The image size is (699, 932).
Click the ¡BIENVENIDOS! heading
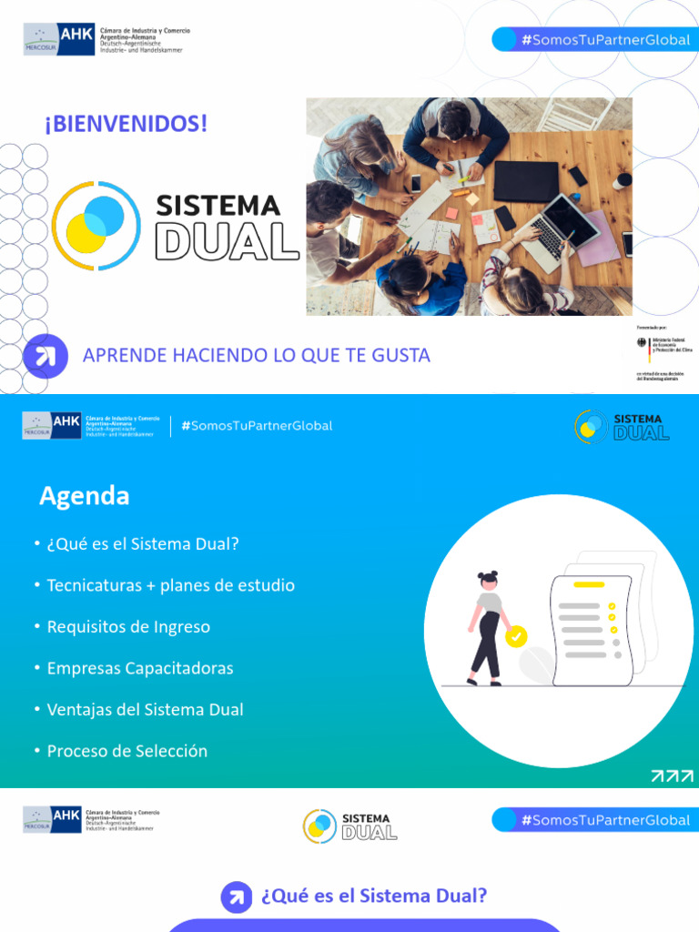pos(126,124)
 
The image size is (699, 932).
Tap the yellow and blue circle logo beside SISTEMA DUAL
pos(96,226)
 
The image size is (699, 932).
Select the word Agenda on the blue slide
pos(84,496)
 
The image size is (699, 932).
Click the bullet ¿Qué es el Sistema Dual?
pos(142,543)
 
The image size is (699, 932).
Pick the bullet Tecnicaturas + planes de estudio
pos(170,585)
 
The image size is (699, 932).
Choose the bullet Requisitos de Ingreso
pos(128,626)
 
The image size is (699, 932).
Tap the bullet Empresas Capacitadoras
pos(140,668)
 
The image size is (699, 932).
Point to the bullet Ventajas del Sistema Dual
pos(145,709)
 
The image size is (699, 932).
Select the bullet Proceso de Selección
pos(127,751)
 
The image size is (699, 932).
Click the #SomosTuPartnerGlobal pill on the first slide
pos(595,39)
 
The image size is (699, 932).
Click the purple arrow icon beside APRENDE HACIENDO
pos(41,355)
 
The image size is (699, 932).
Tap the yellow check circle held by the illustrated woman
pos(516,636)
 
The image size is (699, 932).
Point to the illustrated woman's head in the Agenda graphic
pos(489,582)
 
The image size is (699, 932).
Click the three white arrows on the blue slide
pos(672,775)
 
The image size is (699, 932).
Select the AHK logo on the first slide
pos(59,39)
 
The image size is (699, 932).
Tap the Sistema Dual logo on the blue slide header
pos(623,426)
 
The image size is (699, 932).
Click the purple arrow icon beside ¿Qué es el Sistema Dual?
pos(237,897)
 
